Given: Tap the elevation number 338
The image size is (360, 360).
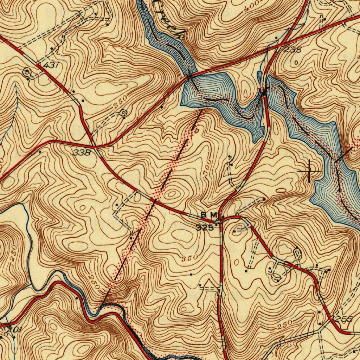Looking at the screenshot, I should [82, 152].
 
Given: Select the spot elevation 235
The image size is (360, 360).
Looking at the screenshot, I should [292, 50].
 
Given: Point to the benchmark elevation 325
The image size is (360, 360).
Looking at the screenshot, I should [205, 227].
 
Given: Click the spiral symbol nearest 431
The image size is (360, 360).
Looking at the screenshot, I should [26, 72].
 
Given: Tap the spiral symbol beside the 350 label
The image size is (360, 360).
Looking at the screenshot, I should [123, 113].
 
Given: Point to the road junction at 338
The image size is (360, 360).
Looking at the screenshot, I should [94, 145].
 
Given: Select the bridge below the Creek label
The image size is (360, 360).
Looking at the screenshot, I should [190, 76].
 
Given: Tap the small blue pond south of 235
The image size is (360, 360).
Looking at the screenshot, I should [260, 76].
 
